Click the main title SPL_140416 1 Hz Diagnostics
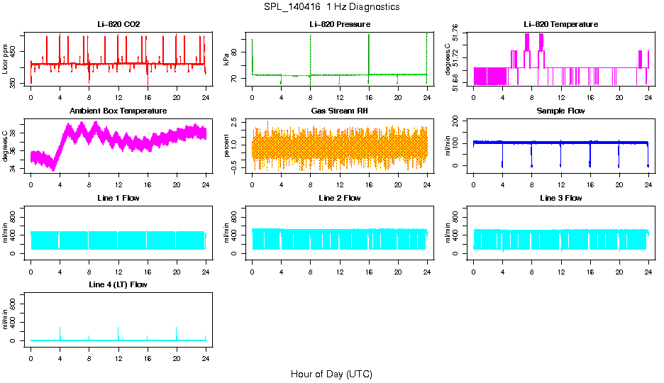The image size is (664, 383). (331, 7)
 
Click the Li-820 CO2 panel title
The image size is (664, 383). (118, 24)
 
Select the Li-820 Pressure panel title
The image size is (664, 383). (340, 24)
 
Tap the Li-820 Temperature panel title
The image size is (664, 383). (560, 24)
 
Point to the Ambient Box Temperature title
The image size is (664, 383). (118, 111)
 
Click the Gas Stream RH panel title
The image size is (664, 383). (340, 111)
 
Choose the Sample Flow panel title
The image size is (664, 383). (560, 111)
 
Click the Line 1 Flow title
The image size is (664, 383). (118, 198)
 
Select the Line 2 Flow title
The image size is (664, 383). (340, 198)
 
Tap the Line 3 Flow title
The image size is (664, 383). (560, 198)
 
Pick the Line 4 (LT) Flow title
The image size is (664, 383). (118, 284)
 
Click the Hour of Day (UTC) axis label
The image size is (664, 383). (331, 374)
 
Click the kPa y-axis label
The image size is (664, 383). (227, 60)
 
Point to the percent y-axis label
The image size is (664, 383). (227, 146)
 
